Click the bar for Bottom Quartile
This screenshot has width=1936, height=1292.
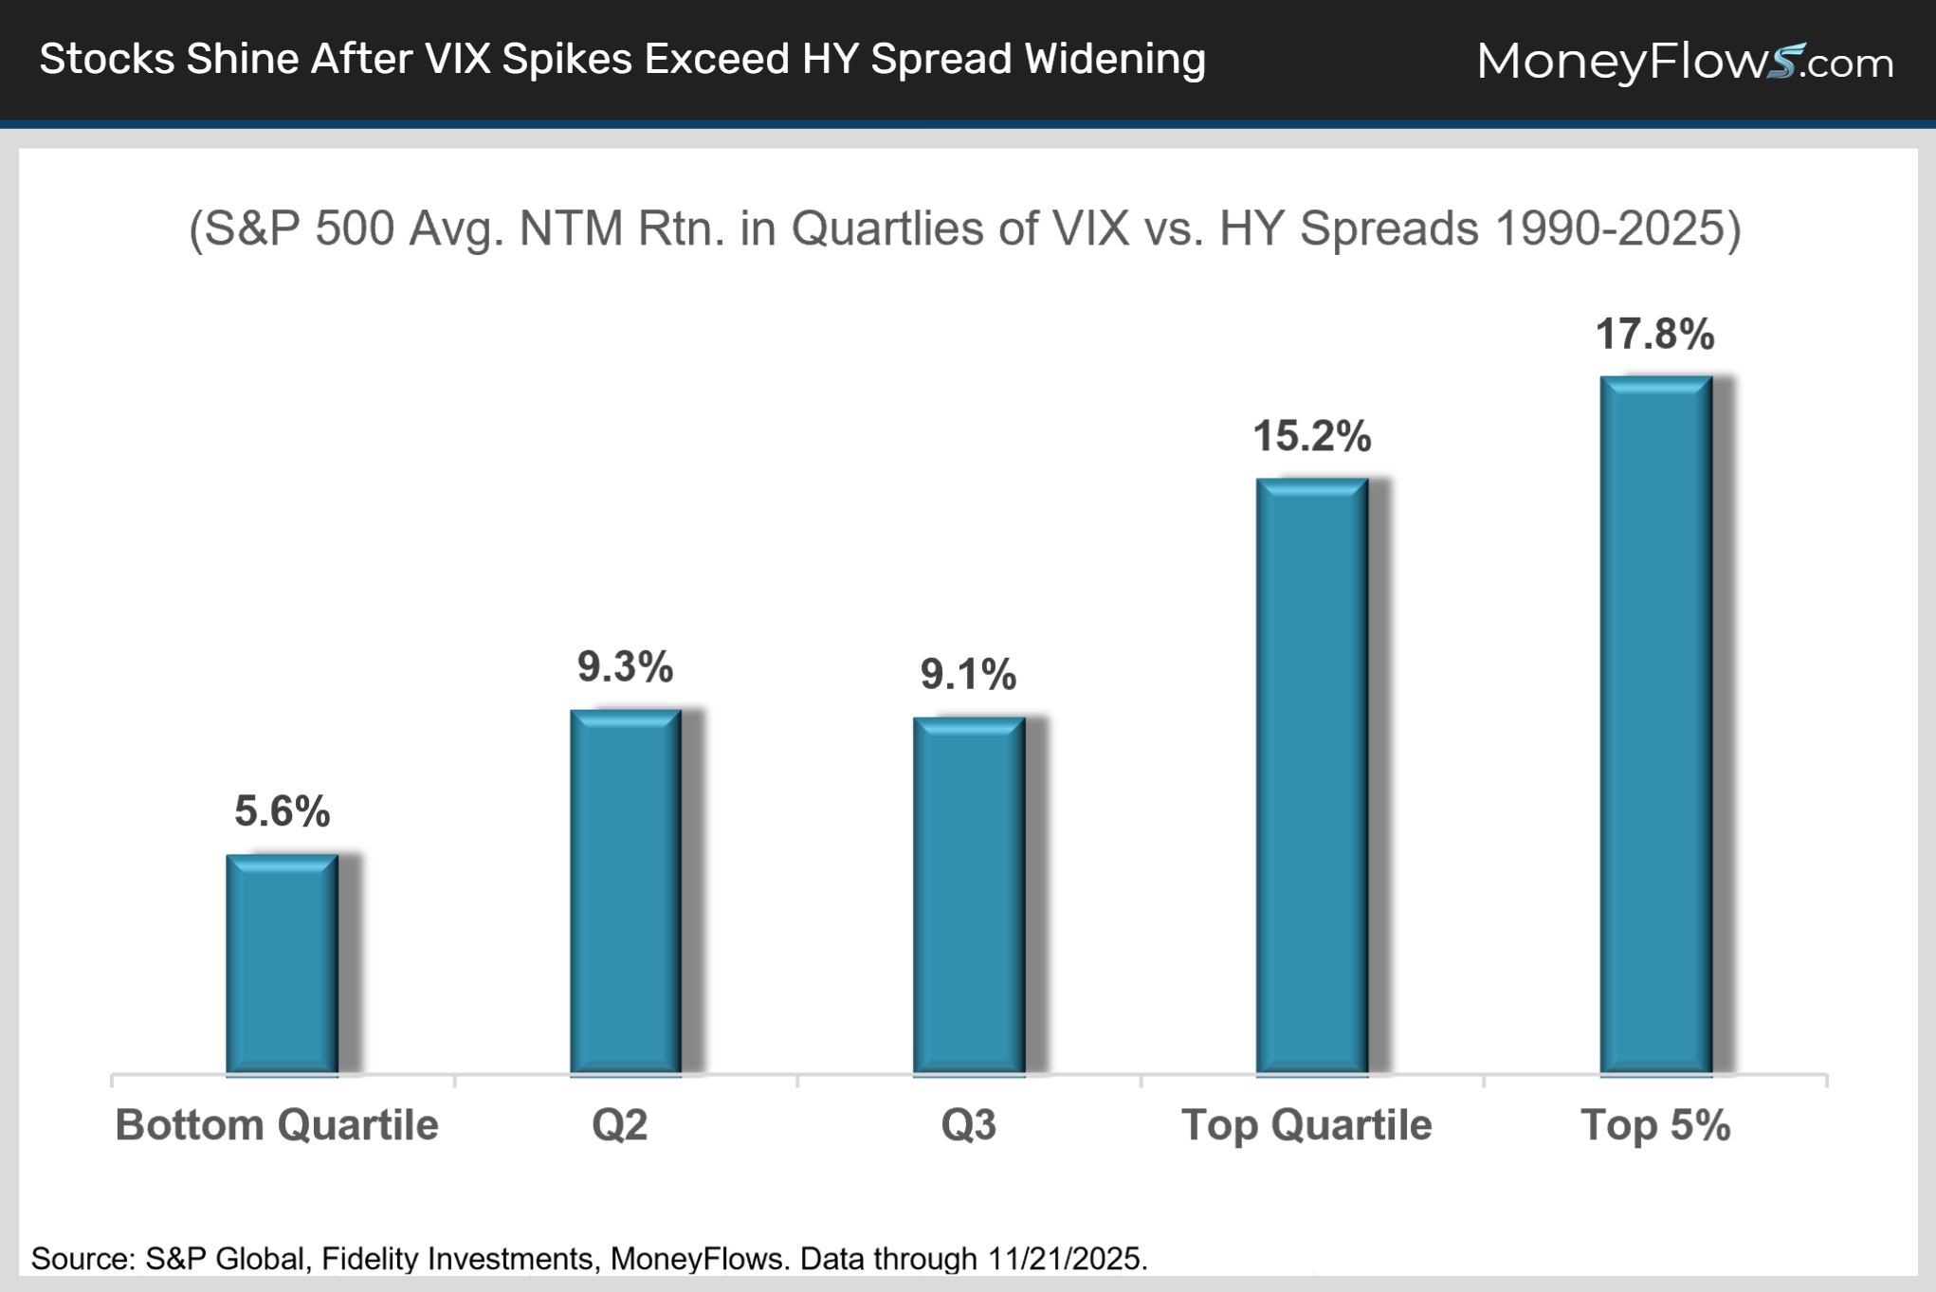(x=282, y=964)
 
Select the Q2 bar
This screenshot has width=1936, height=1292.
(x=625, y=892)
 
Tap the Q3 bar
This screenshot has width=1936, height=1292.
(x=968, y=896)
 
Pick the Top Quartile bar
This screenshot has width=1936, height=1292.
(x=1311, y=776)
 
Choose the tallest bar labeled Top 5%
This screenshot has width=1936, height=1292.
(x=1655, y=725)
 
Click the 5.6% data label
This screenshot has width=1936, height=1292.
(x=282, y=811)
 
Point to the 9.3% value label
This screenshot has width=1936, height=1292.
(x=625, y=667)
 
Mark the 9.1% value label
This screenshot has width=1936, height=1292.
(x=968, y=675)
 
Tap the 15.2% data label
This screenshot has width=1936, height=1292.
(x=1311, y=437)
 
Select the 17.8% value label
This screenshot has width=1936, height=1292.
(x=1654, y=335)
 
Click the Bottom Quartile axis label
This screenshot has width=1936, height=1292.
(x=276, y=1125)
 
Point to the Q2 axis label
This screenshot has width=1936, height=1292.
(x=619, y=1125)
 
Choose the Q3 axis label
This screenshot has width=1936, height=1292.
(x=968, y=1125)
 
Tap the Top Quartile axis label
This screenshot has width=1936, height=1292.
(x=1306, y=1125)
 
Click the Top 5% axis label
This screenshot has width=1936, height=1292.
(x=1654, y=1125)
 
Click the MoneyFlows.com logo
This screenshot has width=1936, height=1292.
(x=1684, y=62)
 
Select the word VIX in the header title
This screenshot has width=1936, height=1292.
(x=458, y=59)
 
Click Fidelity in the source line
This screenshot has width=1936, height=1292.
(x=366, y=1259)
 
